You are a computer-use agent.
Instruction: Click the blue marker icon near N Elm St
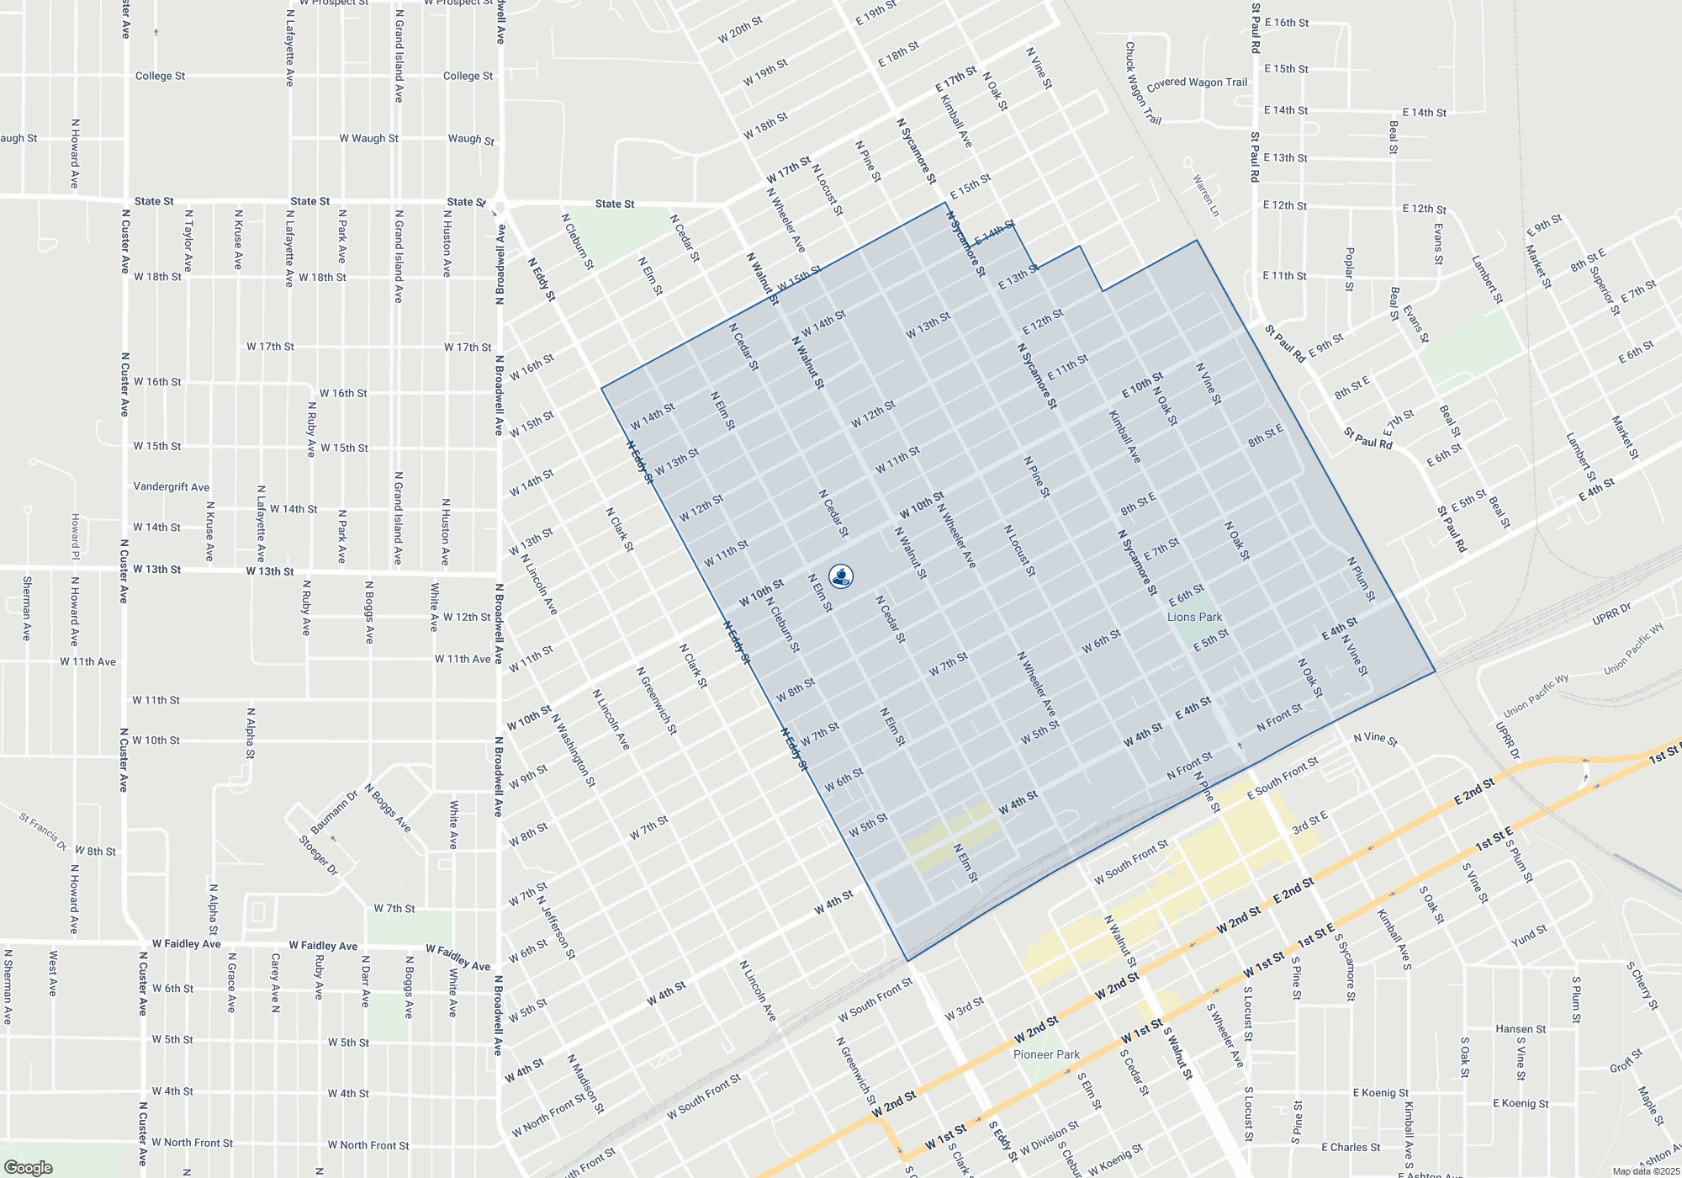point(840,576)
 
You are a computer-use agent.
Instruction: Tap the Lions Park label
point(1194,617)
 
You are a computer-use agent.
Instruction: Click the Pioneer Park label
point(1046,1054)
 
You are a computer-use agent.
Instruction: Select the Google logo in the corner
point(28,1168)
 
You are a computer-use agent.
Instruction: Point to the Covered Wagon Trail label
point(1197,82)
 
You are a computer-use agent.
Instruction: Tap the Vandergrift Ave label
point(172,487)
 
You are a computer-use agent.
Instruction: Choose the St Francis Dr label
point(43,830)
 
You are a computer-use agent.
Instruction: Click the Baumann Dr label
point(334,812)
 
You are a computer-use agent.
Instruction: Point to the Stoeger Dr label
point(319,855)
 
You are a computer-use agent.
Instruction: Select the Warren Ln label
point(1205,195)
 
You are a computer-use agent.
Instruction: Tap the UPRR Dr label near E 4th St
point(1611,614)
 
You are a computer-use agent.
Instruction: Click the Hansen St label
point(1521,1029)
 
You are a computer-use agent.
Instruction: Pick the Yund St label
point(1529,936)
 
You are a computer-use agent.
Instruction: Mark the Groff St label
point(1626,1061)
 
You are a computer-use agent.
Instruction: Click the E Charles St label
point(1351,1147)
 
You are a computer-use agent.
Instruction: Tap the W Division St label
point(1049,1138)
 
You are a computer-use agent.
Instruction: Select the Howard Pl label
point(75,537)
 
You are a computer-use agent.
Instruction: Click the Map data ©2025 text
point(1646,1171)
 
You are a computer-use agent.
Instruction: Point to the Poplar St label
point(1350,269)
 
